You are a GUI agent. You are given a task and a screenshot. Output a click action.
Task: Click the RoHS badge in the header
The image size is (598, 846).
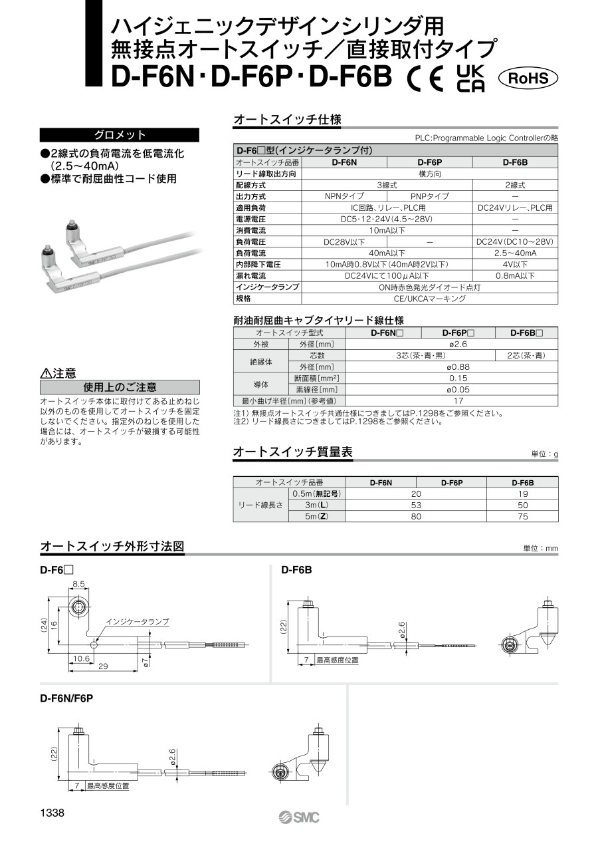coord(528,78)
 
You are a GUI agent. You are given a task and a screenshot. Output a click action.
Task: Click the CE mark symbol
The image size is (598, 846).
coord(425,79)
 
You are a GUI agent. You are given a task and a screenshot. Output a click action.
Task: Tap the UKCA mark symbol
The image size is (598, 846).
coord(471,78)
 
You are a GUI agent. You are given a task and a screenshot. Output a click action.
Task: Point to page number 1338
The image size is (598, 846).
coord(52,813)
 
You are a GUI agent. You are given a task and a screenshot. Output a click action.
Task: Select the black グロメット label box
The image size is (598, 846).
coord(120,134)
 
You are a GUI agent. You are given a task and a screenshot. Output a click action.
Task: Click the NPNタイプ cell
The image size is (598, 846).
coord(344,196)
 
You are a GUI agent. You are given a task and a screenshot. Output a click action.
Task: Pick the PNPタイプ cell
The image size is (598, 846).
coord(429,196)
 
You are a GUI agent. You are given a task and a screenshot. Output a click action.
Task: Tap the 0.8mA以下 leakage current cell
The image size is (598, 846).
coord(515,275)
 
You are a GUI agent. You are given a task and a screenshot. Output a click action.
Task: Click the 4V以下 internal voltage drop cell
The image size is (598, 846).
coord(515,264)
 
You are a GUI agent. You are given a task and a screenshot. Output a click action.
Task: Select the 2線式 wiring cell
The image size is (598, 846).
coord(515,185)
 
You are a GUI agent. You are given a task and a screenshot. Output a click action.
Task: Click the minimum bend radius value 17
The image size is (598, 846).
coord(458,400)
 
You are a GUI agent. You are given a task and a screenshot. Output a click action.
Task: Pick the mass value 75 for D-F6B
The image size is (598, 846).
coord(522,516)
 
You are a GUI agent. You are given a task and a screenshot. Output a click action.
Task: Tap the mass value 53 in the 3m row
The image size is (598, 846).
coord(416,505)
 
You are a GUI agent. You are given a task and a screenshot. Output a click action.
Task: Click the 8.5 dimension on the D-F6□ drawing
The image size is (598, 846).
coord(78,584)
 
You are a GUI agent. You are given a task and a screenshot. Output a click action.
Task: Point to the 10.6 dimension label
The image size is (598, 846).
coord(80,658)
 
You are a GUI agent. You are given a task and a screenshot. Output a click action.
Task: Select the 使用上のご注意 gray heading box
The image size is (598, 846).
coord(120,387)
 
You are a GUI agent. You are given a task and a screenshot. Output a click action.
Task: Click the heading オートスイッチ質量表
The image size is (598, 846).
coord(292,452)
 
